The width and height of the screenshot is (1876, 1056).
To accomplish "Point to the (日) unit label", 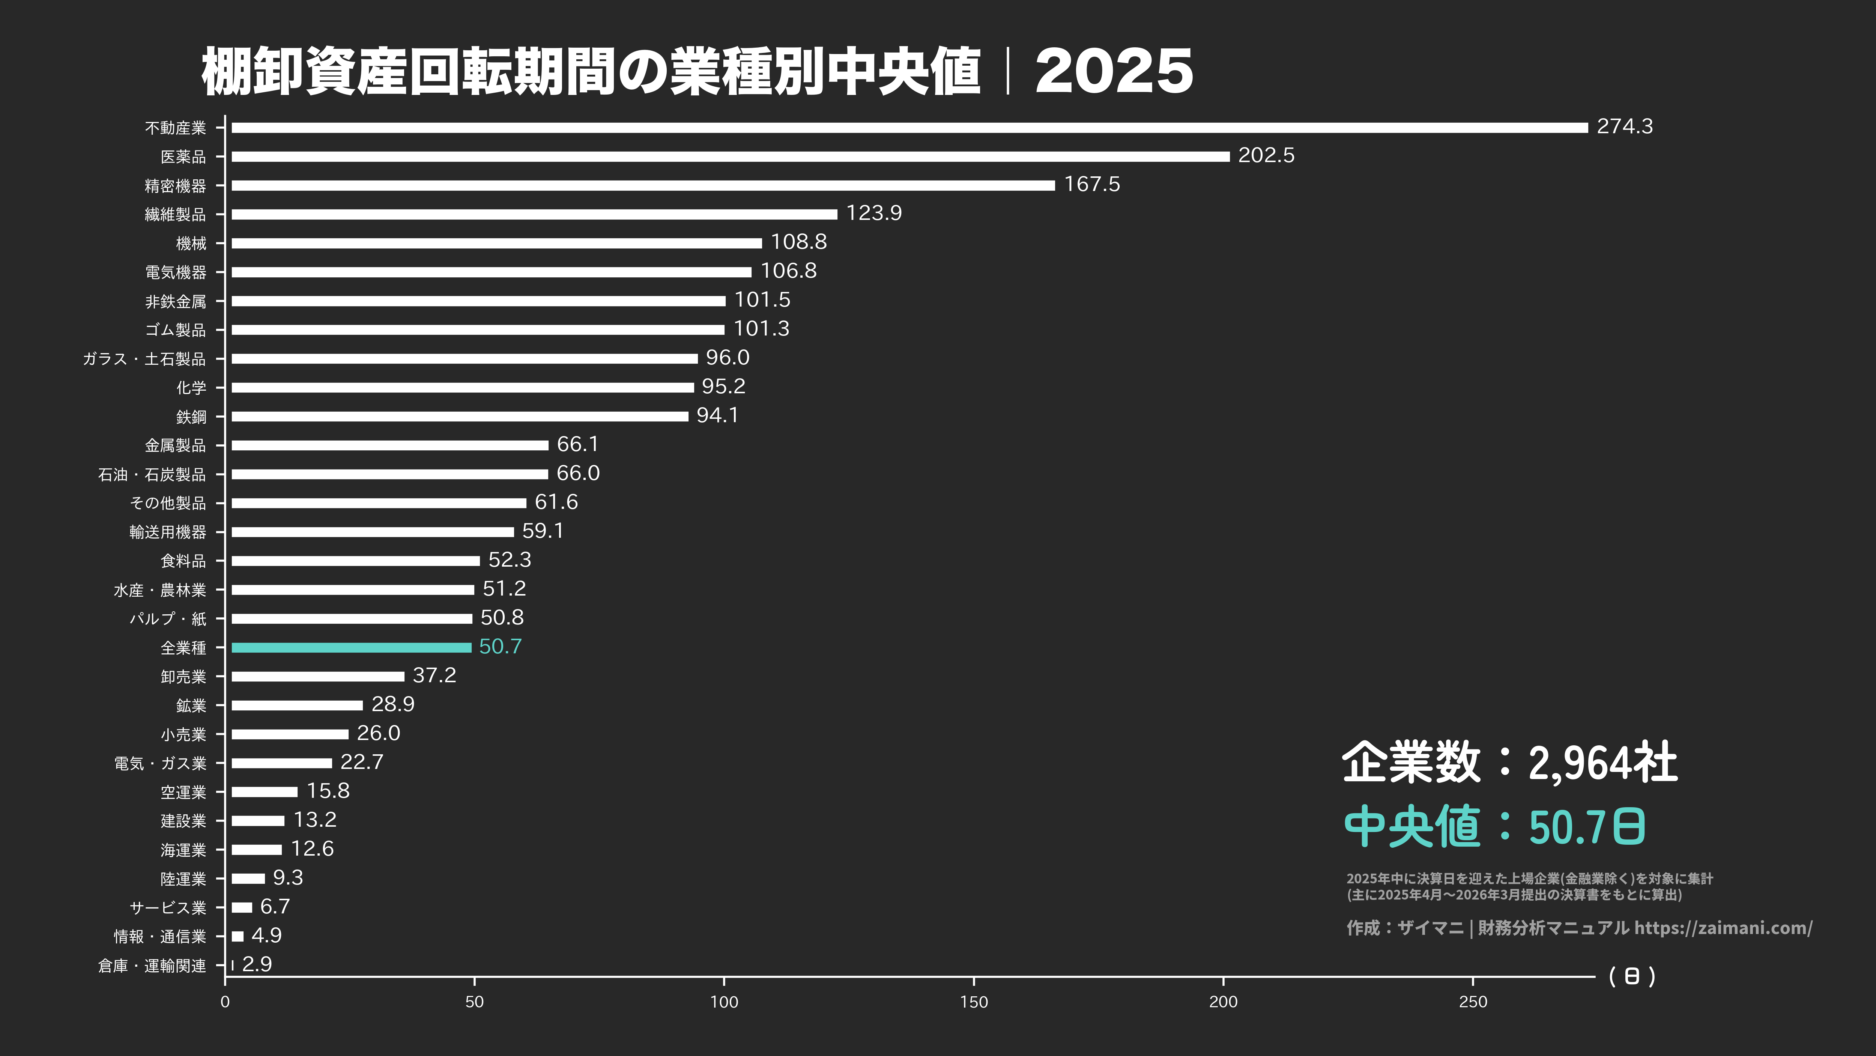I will pos(1631,976).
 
